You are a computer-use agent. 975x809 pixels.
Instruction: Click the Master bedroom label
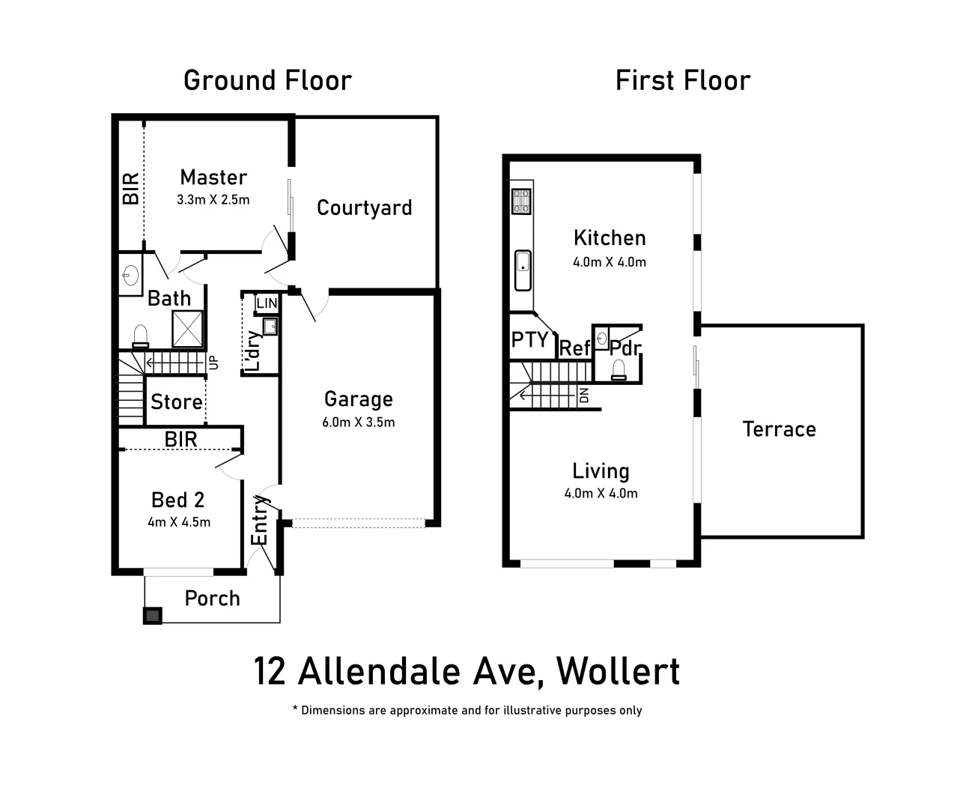pyautogui.click(x=213, y=178)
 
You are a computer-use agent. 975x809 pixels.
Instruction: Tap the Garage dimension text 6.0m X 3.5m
pyautogui.click(x=358, y=422)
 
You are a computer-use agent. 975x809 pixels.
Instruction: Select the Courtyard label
pyautogui.click(x=364, y=207)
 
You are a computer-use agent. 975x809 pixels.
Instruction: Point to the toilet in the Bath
pyautogui.click(x=140, y=336)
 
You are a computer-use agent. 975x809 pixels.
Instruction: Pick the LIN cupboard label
pyautogui.click(x=267, y=303)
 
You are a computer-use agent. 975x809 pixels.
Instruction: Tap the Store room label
pyautogui.click(x=176, y=402)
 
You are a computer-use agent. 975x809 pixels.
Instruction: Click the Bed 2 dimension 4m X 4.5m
pyautogui.click(x=179, y=522)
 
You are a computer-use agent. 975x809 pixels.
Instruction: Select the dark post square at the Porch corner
pyautogui.click(x=153, y=616)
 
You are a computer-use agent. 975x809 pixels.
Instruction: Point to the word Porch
pyautogui.click(x=212, y=599)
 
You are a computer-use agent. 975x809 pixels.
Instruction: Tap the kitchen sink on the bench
pyautogui.click(x=522, y=270)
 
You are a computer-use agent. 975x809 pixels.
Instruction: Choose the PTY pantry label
pyautogui.click(x=530, y=340)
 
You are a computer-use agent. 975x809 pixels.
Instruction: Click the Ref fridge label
pyautogui.click(x=575, y=348)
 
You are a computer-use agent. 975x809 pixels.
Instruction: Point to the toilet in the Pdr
pyautogui.click(x=619, y=370)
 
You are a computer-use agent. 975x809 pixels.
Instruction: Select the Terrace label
pyautogui.click(x=779, y=429)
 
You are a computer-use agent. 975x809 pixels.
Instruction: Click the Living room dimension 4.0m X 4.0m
pyautogui.click(x=601, y=494)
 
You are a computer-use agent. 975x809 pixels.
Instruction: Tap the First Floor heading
pyautogui.click(x=682, y=81)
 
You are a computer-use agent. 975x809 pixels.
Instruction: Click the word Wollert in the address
pyautogui.click(x=619, y=671)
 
